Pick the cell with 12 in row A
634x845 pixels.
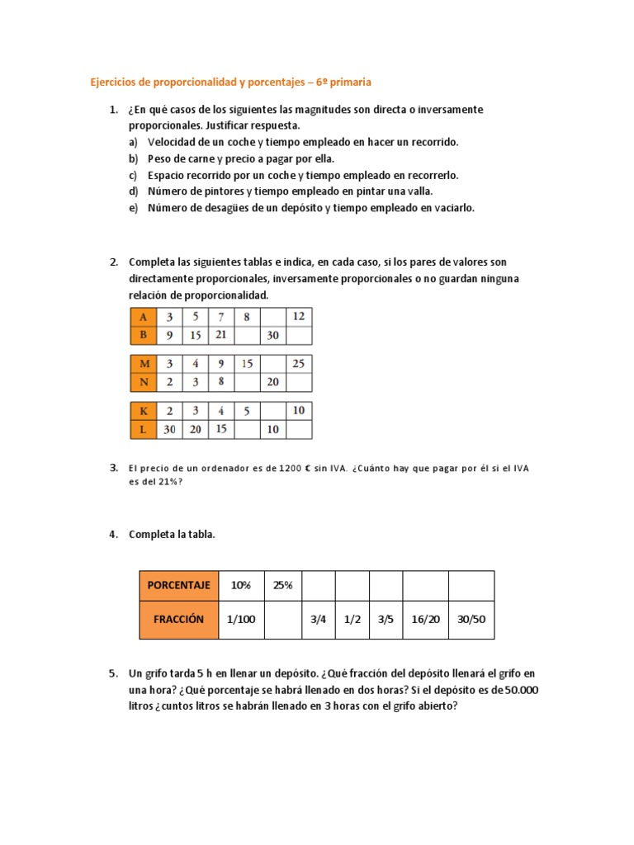[x=298, y=317]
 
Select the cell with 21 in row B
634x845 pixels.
[x=221, y=335]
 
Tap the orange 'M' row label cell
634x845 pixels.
[x=144, y=364]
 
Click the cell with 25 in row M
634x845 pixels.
[x=298, y=364]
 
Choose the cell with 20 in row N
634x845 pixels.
[x=272, y=382]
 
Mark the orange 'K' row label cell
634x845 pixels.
[x=144, y=411]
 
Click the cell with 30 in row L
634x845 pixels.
[x=169, y=429]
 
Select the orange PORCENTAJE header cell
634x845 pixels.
[x=178, y=585]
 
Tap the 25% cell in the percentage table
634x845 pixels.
[x=282, y=585]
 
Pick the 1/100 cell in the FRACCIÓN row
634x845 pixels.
[x=240, y=619]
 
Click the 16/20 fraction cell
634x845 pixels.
[x=424, y=619]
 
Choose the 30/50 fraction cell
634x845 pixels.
[x=471, y=619]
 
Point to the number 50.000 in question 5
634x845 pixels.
[x=519, y=690]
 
